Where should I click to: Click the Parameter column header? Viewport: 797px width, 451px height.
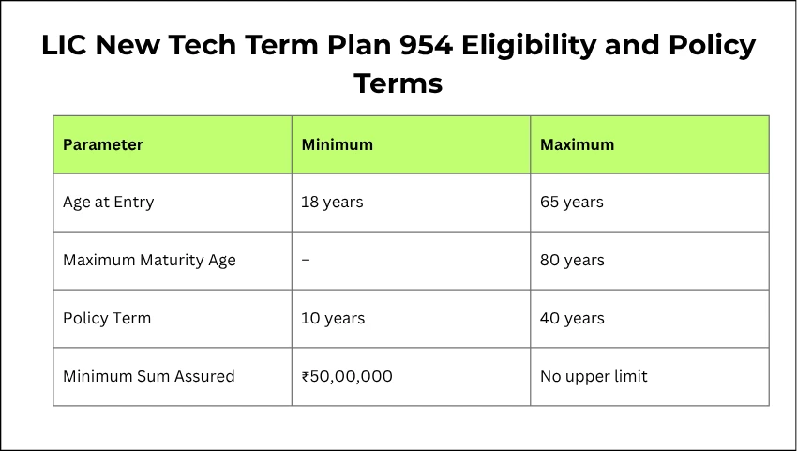click(103, 144)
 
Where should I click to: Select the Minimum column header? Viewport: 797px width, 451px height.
click(337, 144)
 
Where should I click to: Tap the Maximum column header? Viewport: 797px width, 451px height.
click(577, 144)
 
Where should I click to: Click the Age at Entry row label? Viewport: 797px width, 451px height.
click(108, 202)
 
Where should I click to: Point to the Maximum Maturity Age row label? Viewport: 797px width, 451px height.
click(149, 260)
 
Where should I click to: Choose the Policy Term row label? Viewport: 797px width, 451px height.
click(107, 318)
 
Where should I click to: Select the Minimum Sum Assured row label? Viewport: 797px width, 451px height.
click(148, 376)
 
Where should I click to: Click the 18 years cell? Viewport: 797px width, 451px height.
click(332, 202)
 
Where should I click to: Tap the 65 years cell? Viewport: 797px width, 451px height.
click(572, 202)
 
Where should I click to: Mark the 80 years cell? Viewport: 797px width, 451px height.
click(572, 260)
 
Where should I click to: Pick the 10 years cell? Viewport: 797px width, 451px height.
click(333, 318)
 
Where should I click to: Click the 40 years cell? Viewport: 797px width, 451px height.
click(572, 318)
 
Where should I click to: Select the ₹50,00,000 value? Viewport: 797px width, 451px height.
click(347, 376)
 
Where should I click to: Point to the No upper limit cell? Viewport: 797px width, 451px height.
click(594, 376)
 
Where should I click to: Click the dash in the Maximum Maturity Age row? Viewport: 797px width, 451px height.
click(306, 260)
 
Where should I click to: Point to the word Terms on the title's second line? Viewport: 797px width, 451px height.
click(398, 83)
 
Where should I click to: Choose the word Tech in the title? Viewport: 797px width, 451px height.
click(212, 45)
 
